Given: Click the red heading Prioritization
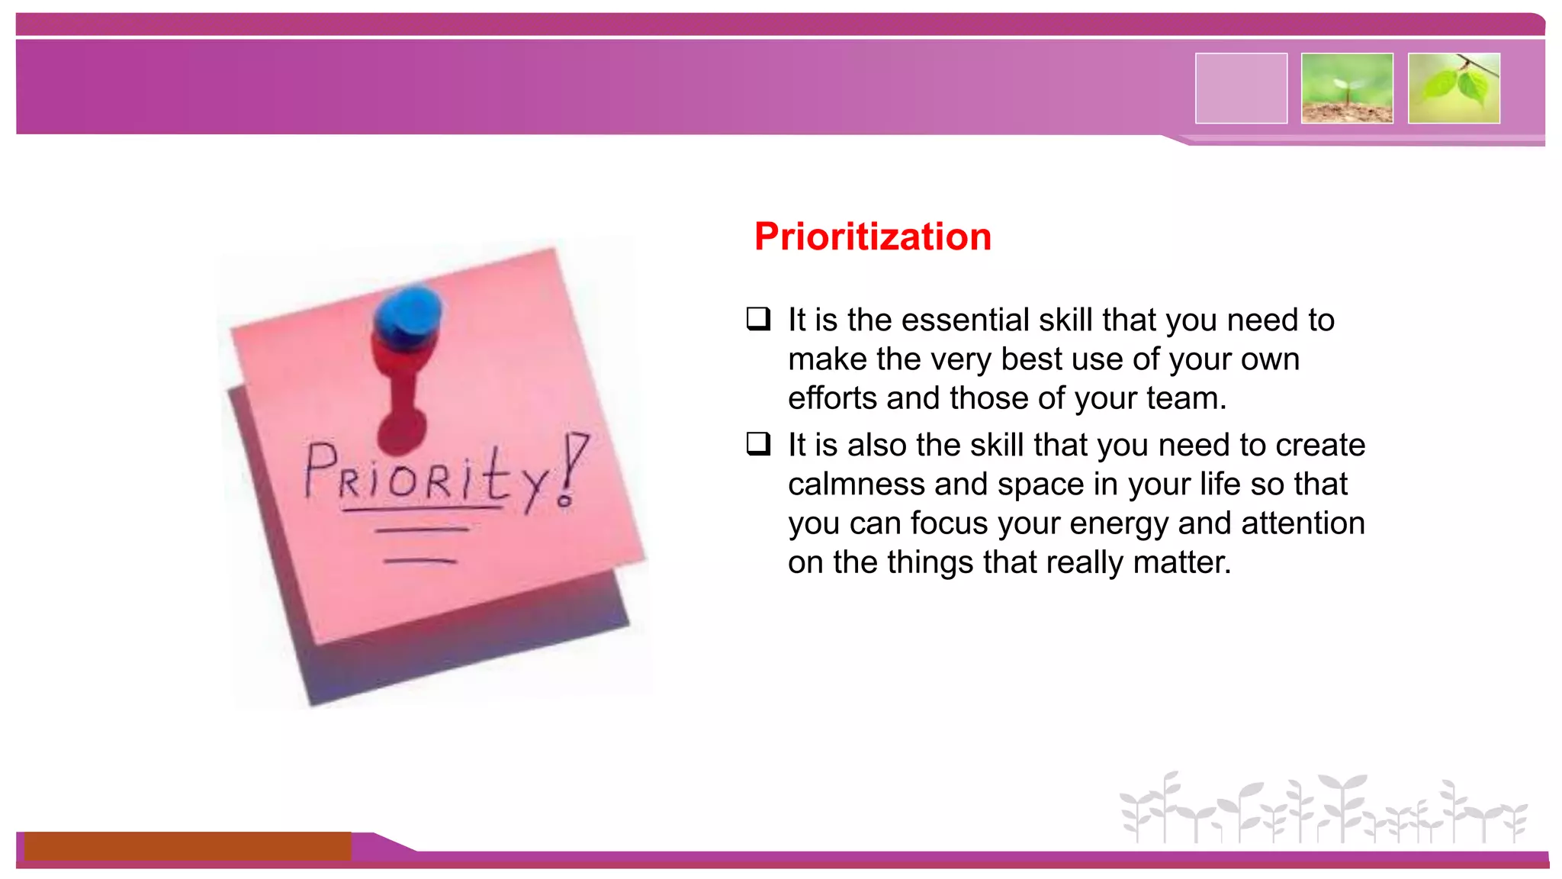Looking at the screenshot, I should coord(872,237).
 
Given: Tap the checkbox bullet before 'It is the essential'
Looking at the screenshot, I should coord(758,318).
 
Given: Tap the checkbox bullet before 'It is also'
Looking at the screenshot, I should coord(758,443).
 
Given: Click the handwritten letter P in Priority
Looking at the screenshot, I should coord(320,468).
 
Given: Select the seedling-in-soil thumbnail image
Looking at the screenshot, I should coord(1347,88).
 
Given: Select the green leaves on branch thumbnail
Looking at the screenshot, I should coord(1454,88).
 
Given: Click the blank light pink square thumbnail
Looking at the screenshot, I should coord(1241,88).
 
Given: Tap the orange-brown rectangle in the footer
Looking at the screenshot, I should coord(187,845).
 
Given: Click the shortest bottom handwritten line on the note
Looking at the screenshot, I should coord(419,561).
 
